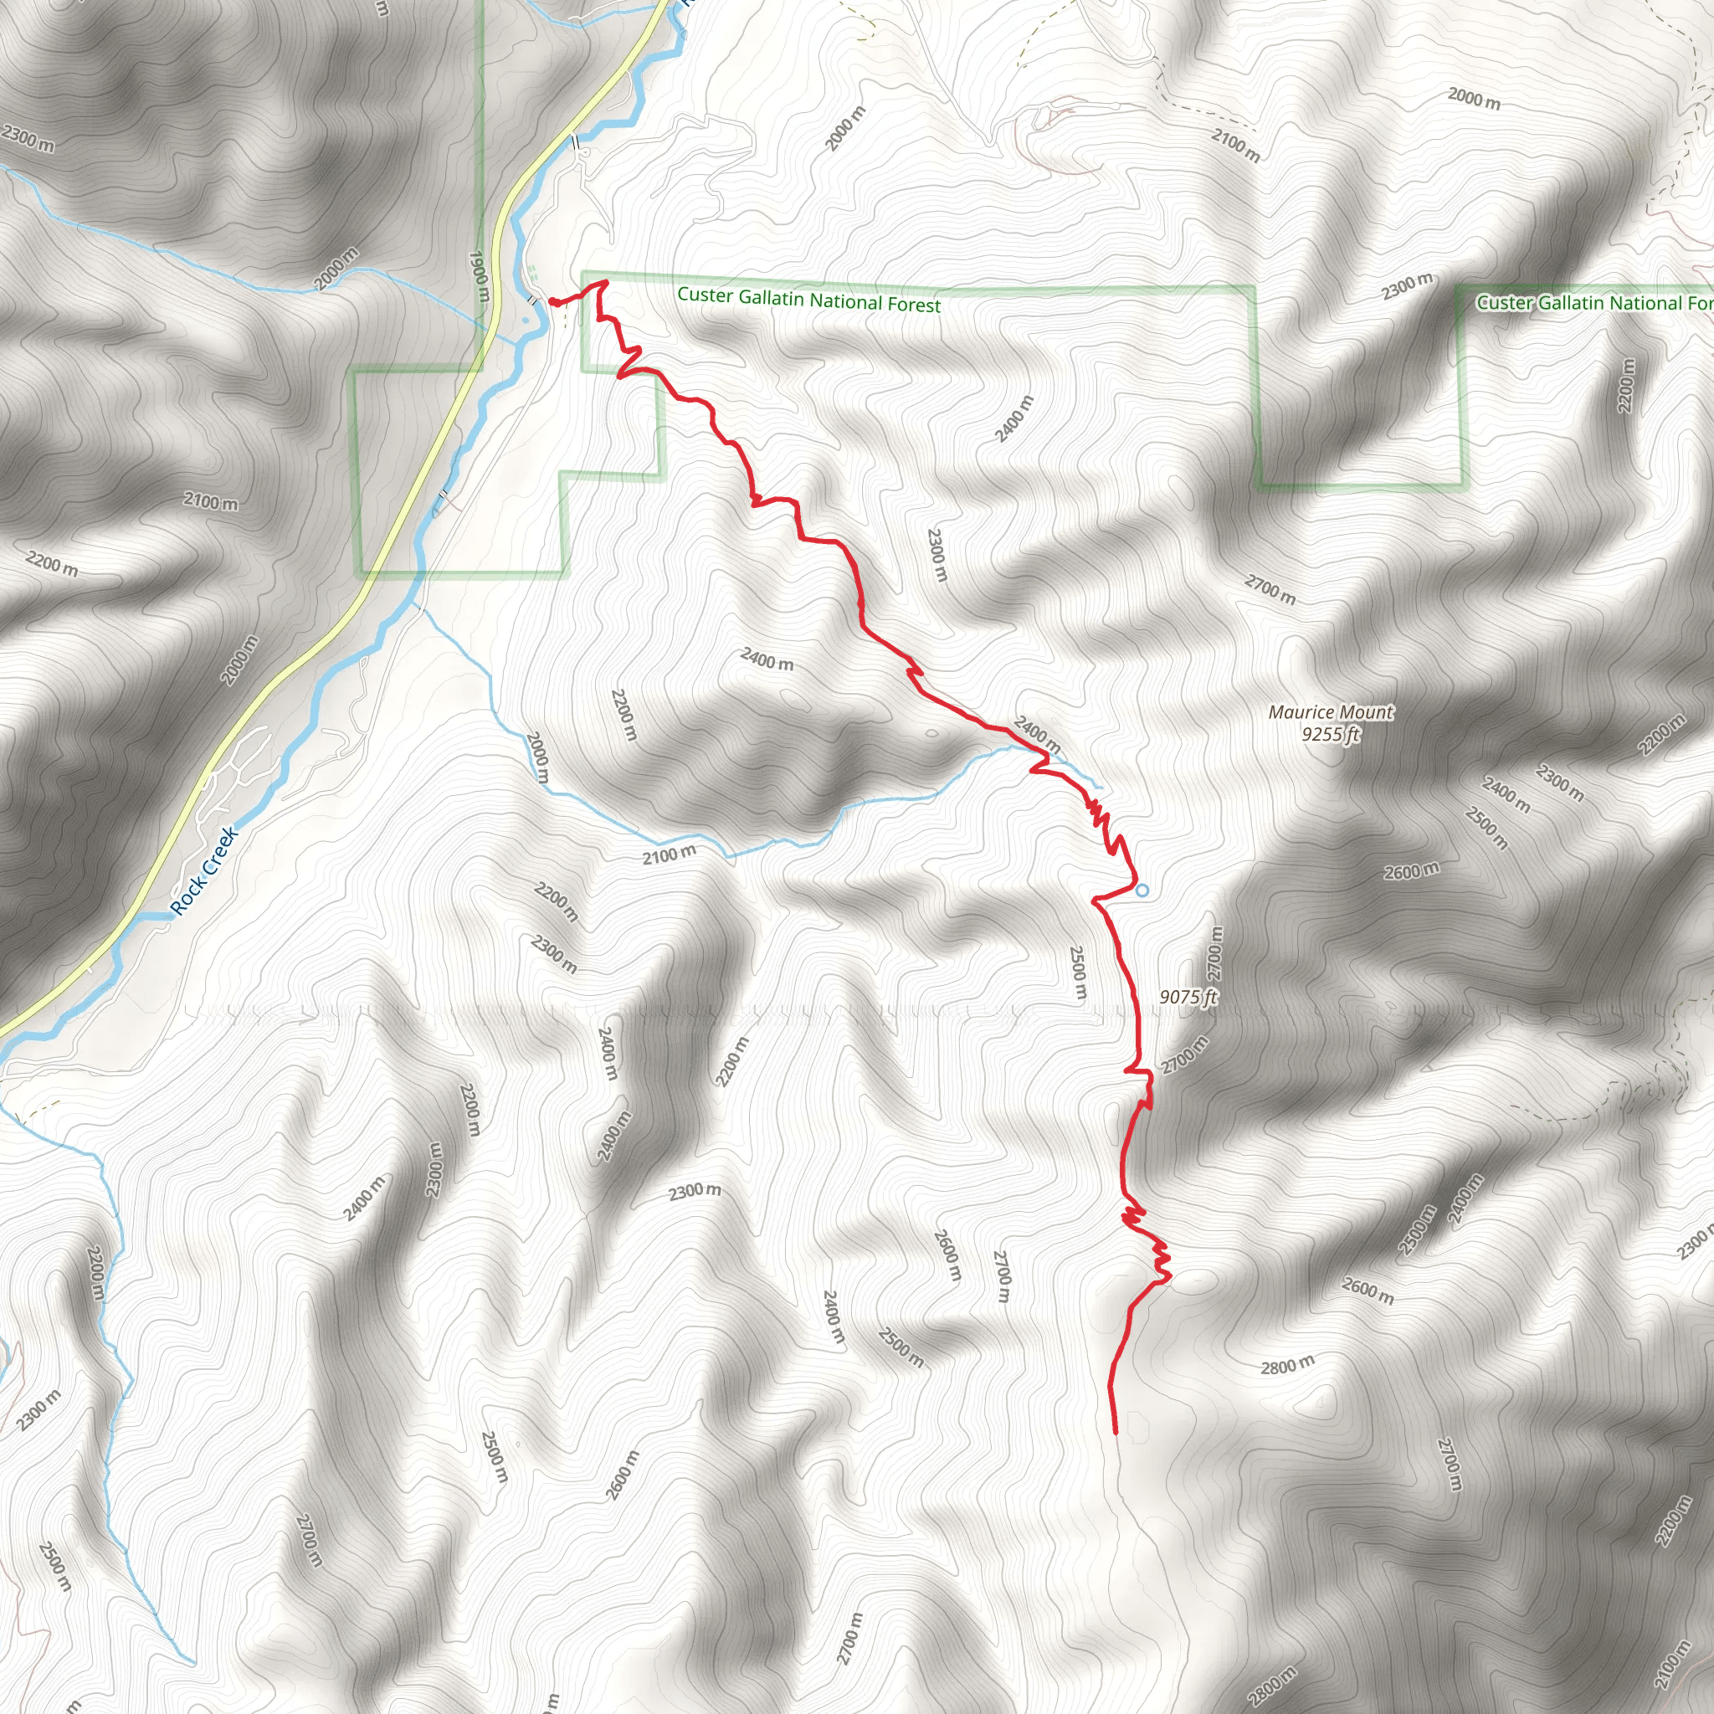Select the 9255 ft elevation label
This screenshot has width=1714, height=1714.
[x=1331, y=735]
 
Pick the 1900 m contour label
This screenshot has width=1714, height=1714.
[x=478, y=277]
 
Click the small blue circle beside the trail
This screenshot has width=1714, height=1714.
[x=1142, y=890]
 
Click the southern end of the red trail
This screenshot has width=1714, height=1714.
[x=1115, y=1432]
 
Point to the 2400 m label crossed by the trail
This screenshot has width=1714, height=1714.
[x=1036, y=735]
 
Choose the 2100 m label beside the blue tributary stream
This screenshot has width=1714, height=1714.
[x=670, y=855]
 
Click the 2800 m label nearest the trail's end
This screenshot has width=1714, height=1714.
[x=1287, y=1366]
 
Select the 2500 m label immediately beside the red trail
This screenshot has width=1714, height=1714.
[x=1078, y=972]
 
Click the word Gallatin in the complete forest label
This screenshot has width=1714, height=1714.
[x=772, y=298]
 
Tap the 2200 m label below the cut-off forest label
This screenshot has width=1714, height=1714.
[x=1625, y=385]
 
